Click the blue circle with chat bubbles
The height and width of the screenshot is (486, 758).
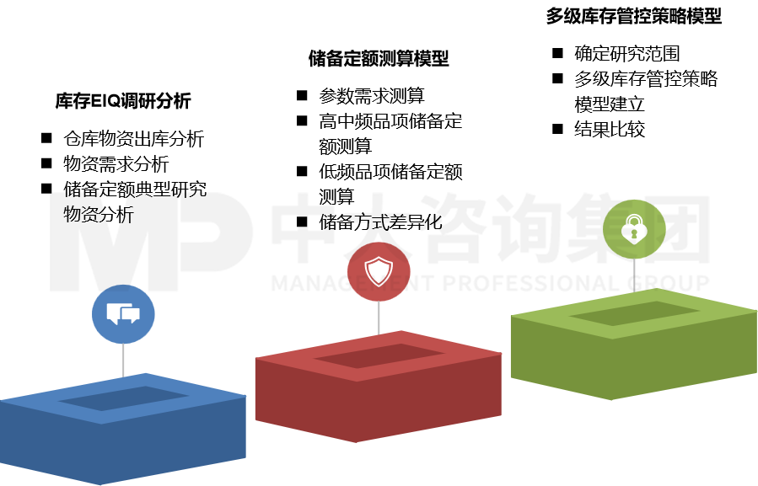[x=123, y=314]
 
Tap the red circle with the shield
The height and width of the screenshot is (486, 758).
[x=379, y=272]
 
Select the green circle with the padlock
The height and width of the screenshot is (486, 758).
[x=634, y=229]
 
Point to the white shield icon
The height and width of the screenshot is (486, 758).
[x=379, y=271]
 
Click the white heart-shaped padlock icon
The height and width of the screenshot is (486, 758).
[x=634, y=229]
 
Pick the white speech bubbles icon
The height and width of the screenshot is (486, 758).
[x=123, y=314]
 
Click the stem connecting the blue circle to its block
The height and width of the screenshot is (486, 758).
[x=123, y=360]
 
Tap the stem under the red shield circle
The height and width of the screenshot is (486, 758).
[x=379, y=318]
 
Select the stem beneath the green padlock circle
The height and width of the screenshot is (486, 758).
[x=634, y=275]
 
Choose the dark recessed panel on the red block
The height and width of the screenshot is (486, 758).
[x=379, y=356]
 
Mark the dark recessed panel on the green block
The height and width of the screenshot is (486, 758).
[x=635, y=313]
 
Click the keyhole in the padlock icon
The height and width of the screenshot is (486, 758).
[x=634, y=234]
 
